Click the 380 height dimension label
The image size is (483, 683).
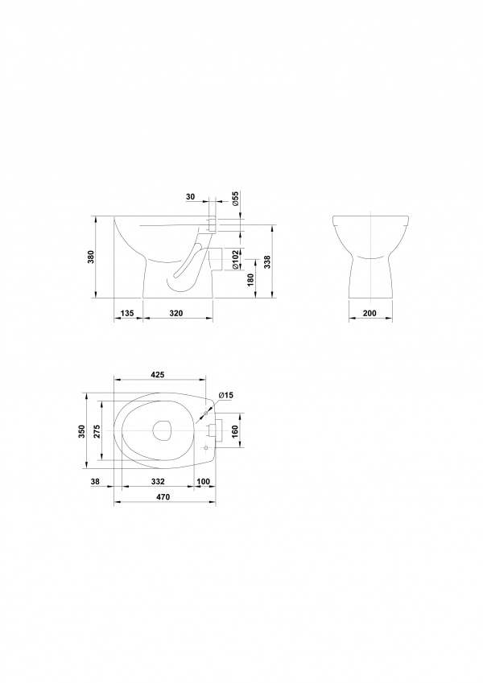pos(91,259)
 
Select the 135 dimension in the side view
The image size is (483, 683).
pos(128,313)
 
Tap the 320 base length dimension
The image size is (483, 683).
pos(176,313)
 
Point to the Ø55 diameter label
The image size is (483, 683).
pos(234,198)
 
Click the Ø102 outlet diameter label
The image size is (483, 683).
pos(234,259)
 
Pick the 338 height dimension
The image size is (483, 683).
pos(266,261)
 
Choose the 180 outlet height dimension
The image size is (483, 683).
pos(250,279)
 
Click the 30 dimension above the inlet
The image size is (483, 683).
pos(191,197)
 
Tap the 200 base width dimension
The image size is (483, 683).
pos(369,313)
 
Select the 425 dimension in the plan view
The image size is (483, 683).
pos(157,375)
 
